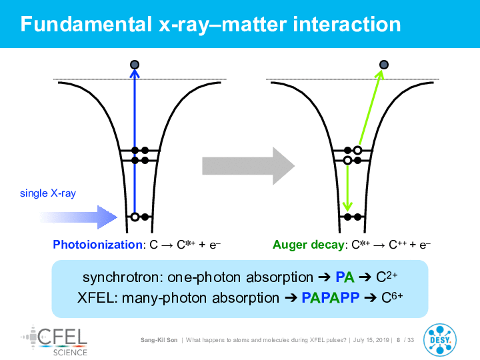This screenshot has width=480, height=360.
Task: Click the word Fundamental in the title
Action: pos(86,24)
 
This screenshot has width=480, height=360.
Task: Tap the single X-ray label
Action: pos(48,193)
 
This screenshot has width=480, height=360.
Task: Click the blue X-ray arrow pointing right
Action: pos(79,217)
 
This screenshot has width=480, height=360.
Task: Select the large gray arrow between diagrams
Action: pos(248,166)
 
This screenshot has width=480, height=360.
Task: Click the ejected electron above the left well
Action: pos(135,65)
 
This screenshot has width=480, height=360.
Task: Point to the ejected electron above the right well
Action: pos(384,65)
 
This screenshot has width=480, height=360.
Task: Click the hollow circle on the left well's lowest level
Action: pos(135,217)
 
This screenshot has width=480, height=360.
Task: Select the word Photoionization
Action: pos(97,245)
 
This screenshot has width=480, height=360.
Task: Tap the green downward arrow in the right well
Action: pos(347,187)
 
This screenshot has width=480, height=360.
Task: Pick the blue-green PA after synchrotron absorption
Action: pos(345,277)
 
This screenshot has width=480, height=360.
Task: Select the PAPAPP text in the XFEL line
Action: pos(331,297)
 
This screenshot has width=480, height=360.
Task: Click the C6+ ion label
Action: pos(392,297)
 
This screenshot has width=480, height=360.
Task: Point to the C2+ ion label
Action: pos(387,277)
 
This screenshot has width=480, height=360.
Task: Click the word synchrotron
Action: pos(121,277)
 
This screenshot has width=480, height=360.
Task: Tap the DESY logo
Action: pos(440,340)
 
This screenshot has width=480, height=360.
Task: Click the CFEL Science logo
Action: pos(55,341)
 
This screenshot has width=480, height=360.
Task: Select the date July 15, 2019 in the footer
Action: pos(371,340)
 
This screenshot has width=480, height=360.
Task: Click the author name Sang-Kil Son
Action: pos(159,340)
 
